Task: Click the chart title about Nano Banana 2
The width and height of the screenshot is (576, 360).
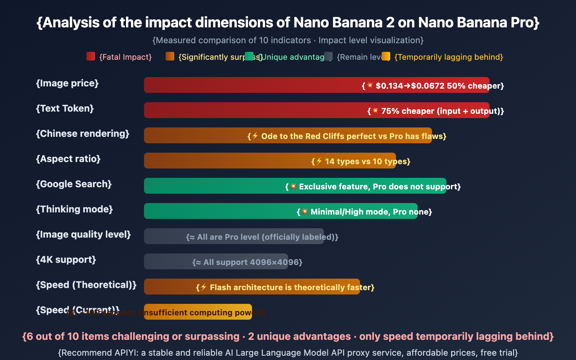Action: tap(288, 23)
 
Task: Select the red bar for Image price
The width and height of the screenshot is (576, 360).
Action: tap(252, 85)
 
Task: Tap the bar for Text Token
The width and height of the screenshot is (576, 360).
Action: tap(252, 110)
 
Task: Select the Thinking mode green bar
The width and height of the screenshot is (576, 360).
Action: tap(216, 211)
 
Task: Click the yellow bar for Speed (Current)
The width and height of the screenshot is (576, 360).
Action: tap(198, 312)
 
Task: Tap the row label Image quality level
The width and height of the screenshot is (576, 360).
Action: tap(84, 234)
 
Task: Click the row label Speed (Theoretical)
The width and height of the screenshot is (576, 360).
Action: tap(86, 285)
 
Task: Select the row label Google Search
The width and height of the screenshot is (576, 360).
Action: tap(74, 184)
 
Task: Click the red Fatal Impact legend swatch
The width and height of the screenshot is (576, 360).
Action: tap(91, 57)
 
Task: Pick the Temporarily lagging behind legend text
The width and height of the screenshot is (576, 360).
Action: tap(449, 57)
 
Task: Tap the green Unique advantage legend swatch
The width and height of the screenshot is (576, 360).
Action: tap(249, 57)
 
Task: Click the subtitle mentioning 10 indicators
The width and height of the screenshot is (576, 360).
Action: tap(288, 40)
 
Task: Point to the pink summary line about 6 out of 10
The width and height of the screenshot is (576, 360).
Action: tap(288, 336)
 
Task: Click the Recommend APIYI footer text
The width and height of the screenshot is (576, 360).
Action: tap(288, 352)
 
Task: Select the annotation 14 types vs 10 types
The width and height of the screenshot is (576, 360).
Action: tap(361, 161)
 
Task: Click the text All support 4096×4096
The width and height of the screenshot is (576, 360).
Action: tap(248, 262)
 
